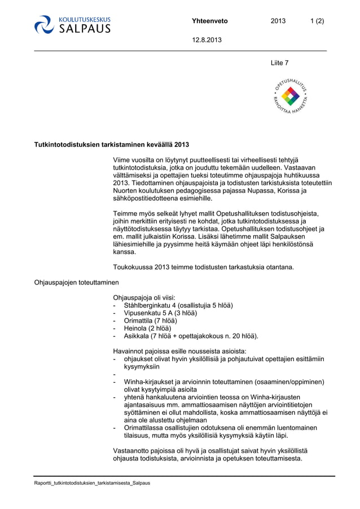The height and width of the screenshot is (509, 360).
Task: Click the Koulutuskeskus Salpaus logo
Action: click(72, 25)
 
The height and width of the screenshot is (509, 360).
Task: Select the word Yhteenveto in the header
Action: click(209, 21)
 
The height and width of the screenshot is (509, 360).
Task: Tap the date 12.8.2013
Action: click(207, 40)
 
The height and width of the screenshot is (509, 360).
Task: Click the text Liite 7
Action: click(280, 63)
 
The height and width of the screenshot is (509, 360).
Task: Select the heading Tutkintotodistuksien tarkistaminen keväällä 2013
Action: click(112, 144)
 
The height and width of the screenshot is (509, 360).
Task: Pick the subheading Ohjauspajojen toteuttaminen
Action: click(77, 282)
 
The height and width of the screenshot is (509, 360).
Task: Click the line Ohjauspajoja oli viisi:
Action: click(144, 297)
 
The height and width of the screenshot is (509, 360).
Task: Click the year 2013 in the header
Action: click(278, 21)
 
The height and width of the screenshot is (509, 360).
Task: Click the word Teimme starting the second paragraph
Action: click(125, 213)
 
